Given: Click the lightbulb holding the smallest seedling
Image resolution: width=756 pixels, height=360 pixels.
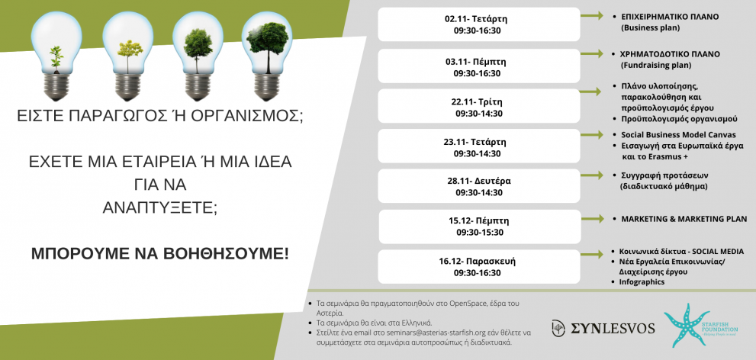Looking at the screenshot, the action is tap(56, 56).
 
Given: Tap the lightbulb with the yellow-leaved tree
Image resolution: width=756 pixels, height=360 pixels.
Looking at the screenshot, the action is tap(127, 56).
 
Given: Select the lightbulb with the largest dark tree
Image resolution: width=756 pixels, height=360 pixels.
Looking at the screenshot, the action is tap(267, 56).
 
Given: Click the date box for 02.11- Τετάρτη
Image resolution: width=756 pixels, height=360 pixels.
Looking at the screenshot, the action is tap(479, 24).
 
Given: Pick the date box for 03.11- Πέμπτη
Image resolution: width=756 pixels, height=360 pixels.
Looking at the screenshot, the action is tap(479, 66).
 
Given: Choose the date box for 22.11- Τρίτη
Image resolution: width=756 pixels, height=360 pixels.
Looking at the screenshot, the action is tap(479, 107).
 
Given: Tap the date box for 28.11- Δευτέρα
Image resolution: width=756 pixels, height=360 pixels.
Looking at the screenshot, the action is tap(479, 187).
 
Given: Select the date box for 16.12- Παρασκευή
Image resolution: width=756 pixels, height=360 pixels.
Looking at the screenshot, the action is tap(479, 267).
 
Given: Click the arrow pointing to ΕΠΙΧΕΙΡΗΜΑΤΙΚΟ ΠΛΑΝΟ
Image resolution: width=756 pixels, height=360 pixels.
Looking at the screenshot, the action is tap(592, 16).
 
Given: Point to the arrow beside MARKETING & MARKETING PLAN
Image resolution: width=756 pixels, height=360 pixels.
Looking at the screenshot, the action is tap(592, 219).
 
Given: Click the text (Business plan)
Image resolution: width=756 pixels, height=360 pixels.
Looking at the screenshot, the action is tap(651, 28).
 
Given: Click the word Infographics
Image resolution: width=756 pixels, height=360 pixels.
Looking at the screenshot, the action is tap(642, 282).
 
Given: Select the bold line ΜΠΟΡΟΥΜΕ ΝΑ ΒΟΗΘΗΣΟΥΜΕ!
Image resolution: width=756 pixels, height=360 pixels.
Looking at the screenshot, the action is tap(160, 253).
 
